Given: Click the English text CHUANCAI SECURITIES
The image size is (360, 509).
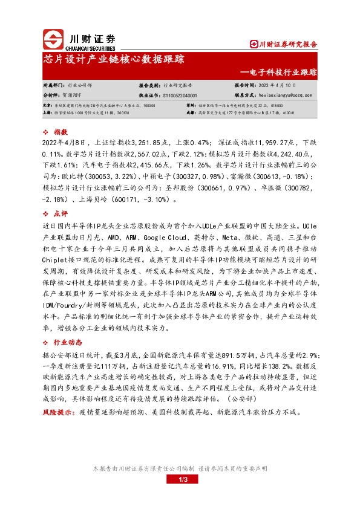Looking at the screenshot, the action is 89,47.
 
